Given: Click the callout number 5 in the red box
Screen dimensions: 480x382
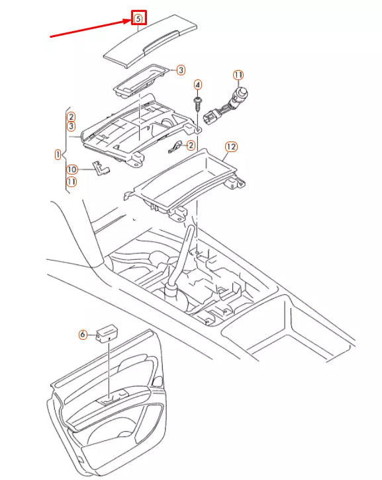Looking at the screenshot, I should point(138,19).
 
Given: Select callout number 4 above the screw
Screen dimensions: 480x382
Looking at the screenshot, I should point(197,85).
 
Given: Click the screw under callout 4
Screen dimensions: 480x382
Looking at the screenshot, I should point(197,102).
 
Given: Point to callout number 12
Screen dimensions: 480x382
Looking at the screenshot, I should point(230,146).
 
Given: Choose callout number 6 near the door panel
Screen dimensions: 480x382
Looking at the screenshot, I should point(83,335).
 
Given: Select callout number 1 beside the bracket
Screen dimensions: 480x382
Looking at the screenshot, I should point(58,154).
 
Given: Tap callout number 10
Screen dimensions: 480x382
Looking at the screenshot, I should point(72,169).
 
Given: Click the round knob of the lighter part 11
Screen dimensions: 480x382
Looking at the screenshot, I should point(244,93).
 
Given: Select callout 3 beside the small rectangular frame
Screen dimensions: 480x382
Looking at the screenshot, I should point(180,70).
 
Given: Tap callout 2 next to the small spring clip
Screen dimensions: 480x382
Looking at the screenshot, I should point(191,145).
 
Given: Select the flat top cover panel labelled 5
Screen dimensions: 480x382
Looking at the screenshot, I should point(151,40).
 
